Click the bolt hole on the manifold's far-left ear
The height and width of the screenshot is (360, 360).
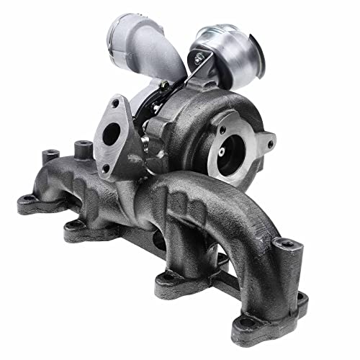coord(27,199)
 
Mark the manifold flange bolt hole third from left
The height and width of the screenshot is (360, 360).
coord(167,277)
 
